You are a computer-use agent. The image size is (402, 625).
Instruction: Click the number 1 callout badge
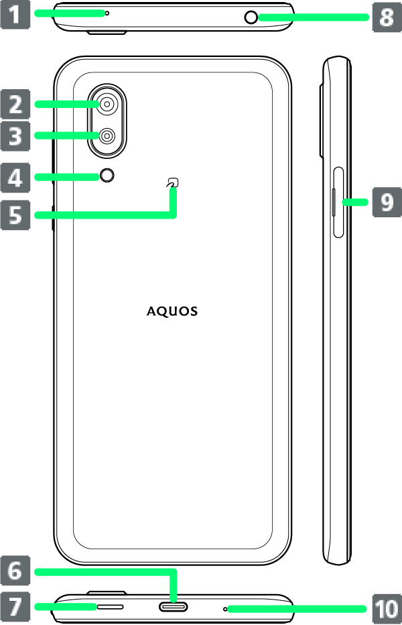point(15,13)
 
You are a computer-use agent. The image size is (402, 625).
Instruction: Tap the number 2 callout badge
point(15,104)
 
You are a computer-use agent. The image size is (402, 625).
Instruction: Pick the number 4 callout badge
point(15,177)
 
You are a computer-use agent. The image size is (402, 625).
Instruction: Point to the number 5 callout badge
point(15,215)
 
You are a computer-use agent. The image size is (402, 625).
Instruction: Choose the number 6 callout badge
point(15,571)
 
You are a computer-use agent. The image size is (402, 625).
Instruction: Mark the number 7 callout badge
point(15,607)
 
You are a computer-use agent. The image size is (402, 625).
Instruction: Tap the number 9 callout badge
point(387,202)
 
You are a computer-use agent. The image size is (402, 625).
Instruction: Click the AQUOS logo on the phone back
point(173,312)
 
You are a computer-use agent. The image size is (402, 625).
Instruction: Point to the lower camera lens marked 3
point(107,136)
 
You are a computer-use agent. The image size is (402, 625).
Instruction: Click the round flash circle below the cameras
point(107,176)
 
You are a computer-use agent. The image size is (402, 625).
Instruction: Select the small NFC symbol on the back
point(174,182)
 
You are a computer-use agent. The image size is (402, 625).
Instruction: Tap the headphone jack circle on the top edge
point(251,17)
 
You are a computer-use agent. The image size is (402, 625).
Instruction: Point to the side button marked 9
point(334,202)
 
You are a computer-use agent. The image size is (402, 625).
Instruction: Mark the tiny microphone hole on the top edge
point(107,13)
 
